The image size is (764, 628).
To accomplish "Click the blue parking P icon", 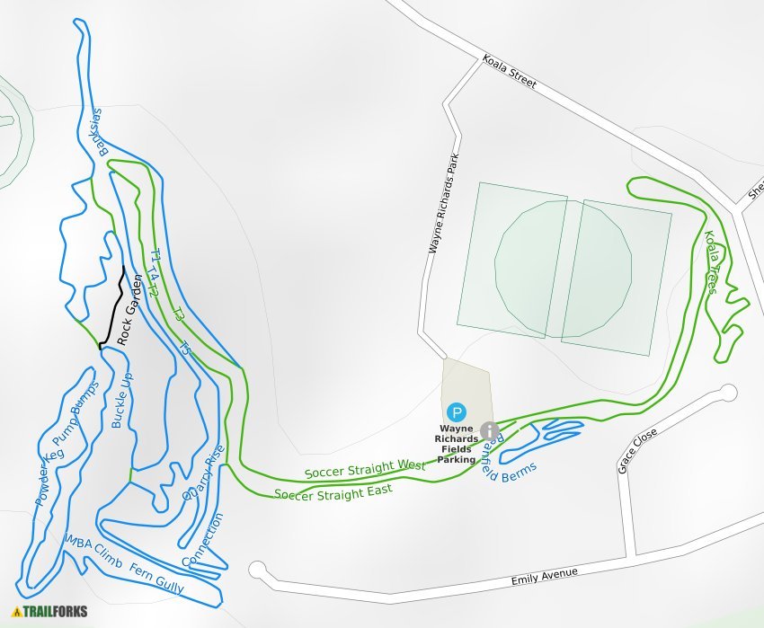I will pyautogui.click(x=458, y=413).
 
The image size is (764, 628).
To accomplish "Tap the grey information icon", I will pyautogui.click(x=489, y=430).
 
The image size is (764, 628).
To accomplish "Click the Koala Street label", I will pyautogui.click(x=509, y=72).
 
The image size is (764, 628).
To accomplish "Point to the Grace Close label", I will pyautogui.click(x=637, y=450).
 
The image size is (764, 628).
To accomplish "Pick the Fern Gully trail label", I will pyautogui.click(x=157, y=579).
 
